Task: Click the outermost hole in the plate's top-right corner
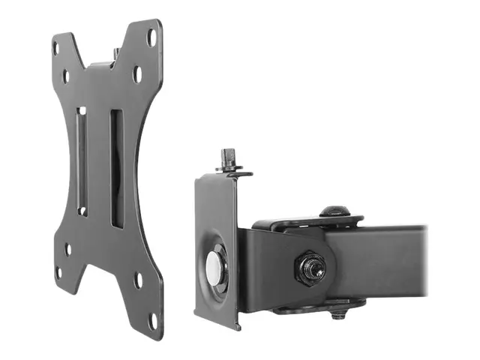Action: point(152,35)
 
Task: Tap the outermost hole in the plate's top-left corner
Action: point(56,47)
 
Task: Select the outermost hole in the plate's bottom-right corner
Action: point(153,319)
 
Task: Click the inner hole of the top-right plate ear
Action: point(138,73)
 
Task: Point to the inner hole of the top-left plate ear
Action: point(66,75)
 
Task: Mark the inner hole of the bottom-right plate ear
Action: point(138,281)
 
